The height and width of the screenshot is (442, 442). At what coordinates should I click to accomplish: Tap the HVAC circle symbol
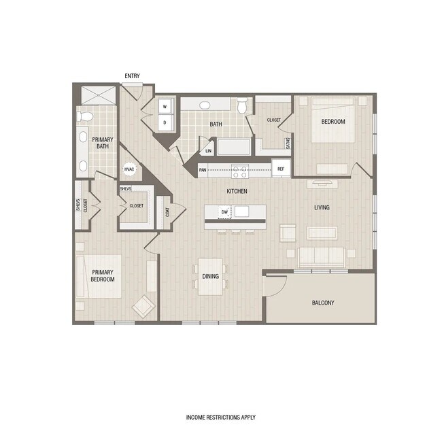[x=129, y=170]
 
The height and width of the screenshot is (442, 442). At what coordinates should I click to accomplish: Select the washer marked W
[x=165, y=107]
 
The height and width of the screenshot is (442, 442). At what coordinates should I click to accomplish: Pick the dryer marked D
[x=165, y=122]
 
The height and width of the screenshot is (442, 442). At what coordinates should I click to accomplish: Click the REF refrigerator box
[x=280, y=169]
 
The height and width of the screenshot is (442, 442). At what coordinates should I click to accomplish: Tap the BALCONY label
[x=323, y=303]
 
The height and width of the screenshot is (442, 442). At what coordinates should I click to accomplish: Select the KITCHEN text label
[x=237, y=192]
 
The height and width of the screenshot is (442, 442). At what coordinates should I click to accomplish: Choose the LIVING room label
[x=322, y=207]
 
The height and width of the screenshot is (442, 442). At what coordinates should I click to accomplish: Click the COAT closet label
[x=163, y=212]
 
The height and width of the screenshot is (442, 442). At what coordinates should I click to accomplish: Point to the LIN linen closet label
[x=208, y=151]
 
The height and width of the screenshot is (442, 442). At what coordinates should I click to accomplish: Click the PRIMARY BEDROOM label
[x=103, y=275]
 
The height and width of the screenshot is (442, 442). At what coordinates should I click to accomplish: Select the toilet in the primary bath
[x=84, y=116]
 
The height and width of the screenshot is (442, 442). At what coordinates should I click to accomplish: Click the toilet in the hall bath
[x=243, y=105]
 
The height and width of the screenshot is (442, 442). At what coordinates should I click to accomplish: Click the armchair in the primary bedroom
[x=143, y=307]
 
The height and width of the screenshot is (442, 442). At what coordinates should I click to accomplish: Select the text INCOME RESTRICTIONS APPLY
[x=221, y=418]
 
